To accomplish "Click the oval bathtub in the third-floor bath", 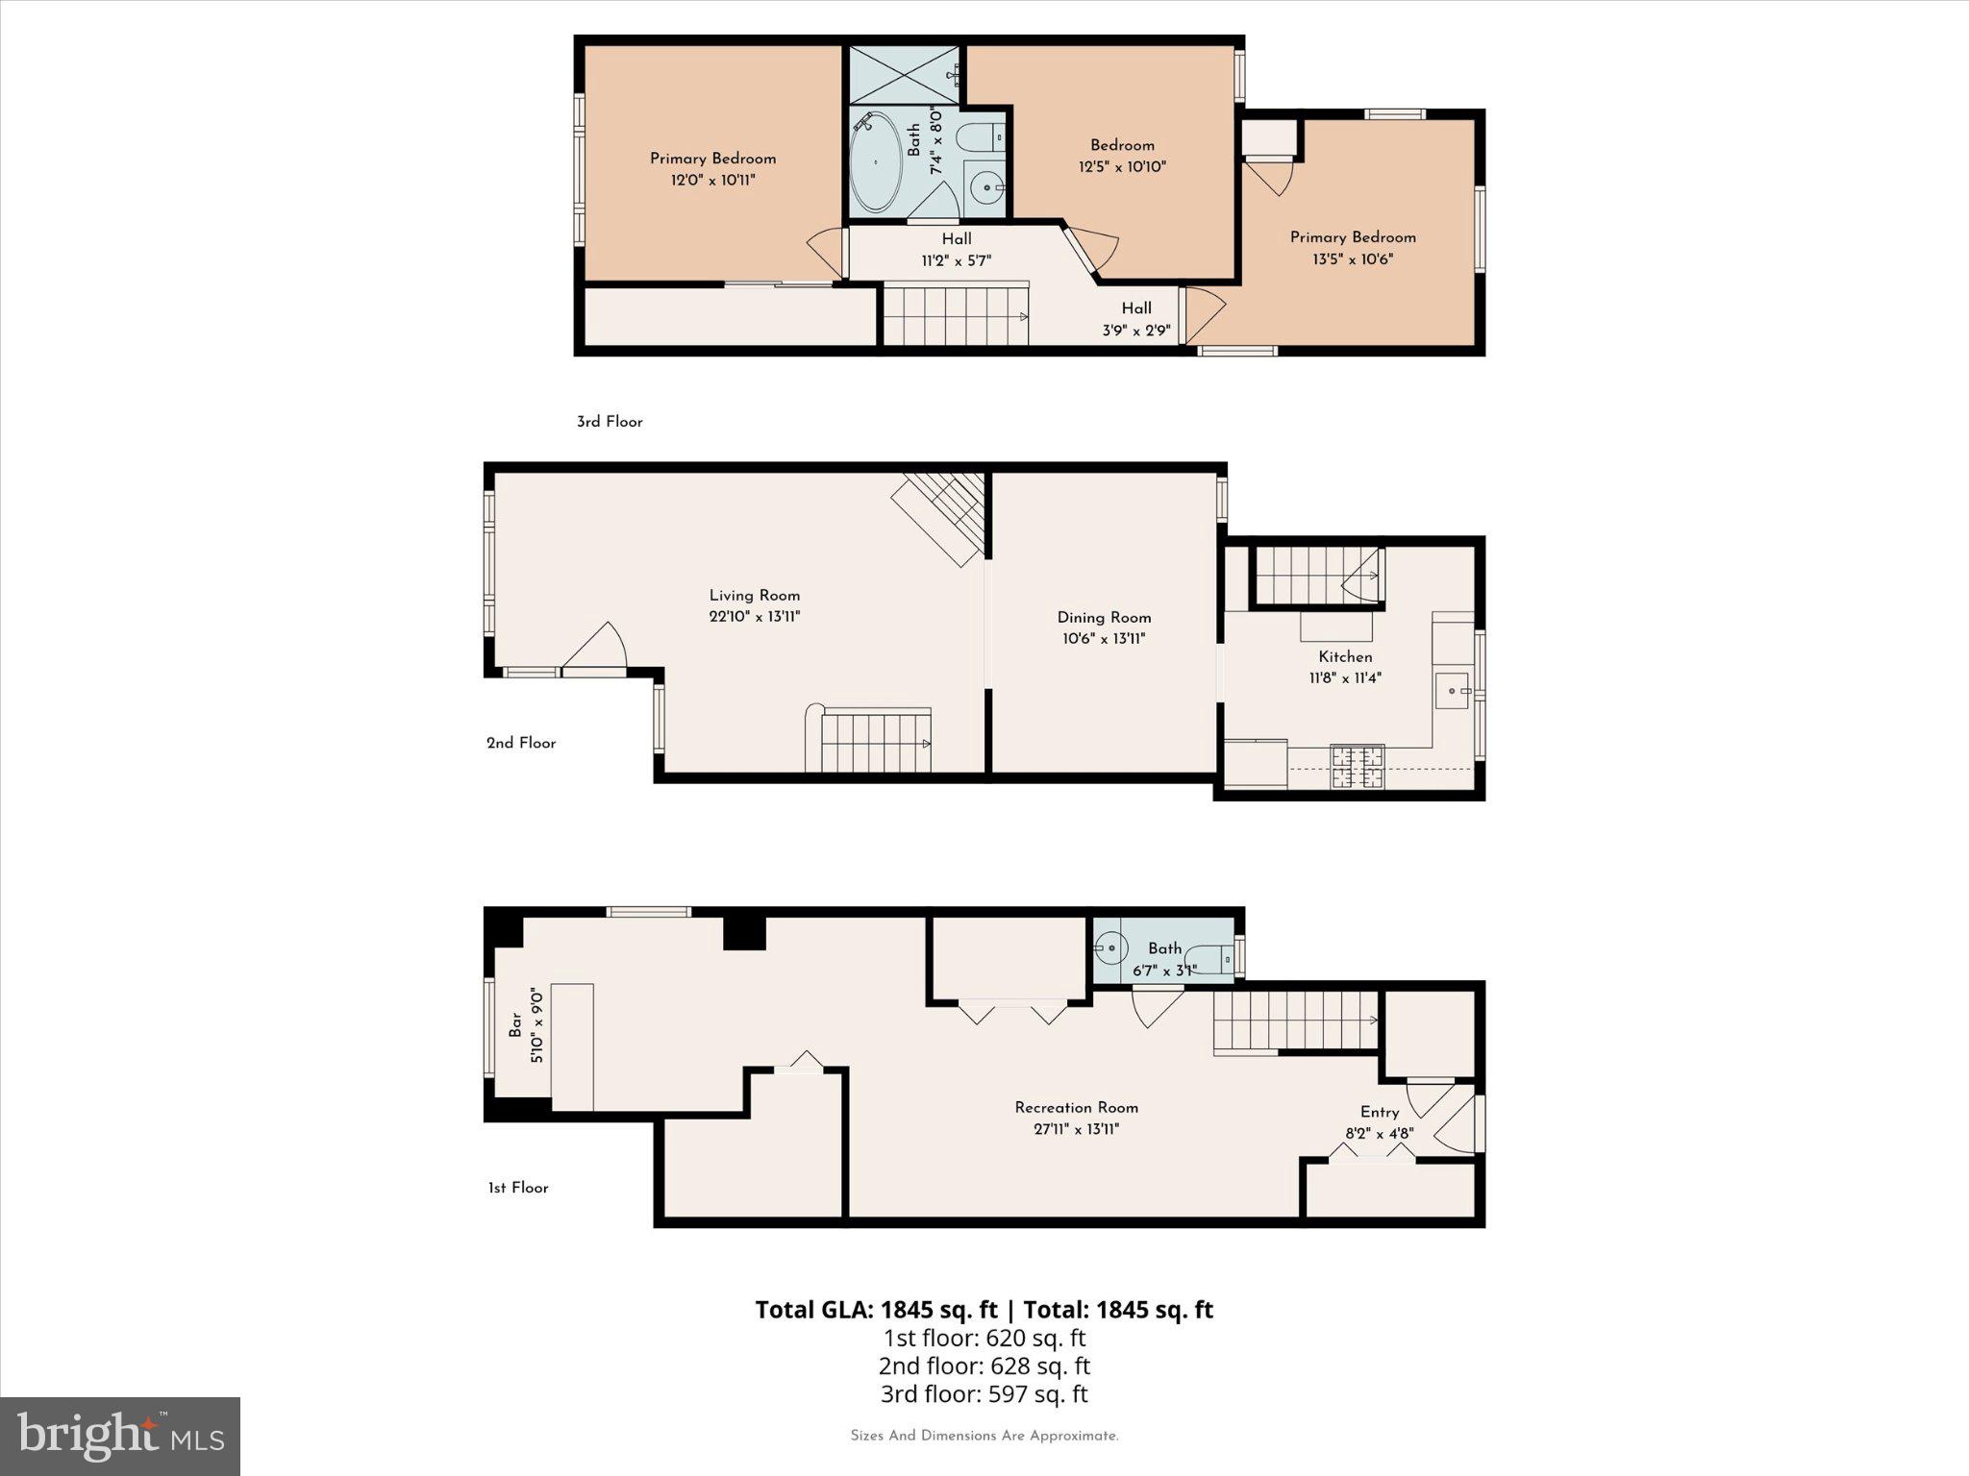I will click(x=876, y=163).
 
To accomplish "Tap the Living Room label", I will click(x=755, y=596).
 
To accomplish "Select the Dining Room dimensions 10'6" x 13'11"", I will click(x=1104, y=639).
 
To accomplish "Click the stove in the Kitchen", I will click(x=1357, y=767).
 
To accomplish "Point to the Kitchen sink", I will click(x=1452, y=691).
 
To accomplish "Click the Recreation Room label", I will click(x=1076, y=1108).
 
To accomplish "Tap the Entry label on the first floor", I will click(x=1380, y=1112).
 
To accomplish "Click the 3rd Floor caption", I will click(x=610, y=422).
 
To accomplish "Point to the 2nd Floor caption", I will click(x=521, y=743).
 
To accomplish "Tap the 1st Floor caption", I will click(x=518, y=1188).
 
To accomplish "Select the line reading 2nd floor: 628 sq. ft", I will click(x=984, y=1365).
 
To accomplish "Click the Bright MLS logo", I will click(x=120, y=1437).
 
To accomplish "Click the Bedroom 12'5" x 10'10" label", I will click(x=1122, y=156).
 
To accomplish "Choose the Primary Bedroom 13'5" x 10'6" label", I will click(x=1353, y=248).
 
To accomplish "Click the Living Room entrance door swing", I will click(x=597, y=646).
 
